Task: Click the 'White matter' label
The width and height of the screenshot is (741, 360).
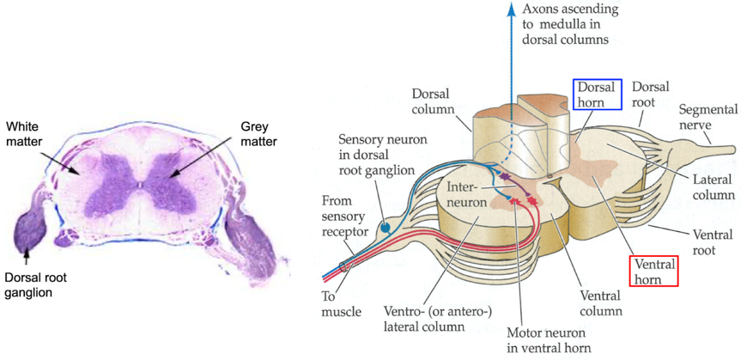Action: point(24,134)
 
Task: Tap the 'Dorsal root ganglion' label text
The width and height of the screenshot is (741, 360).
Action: point(35,284)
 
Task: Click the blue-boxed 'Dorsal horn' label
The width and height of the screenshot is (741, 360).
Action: point(597,95)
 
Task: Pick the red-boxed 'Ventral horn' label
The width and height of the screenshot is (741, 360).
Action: point(654,271)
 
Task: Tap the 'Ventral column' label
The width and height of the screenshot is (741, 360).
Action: point(599,303)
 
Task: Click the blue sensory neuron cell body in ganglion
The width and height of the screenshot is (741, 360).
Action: point(386,228)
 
